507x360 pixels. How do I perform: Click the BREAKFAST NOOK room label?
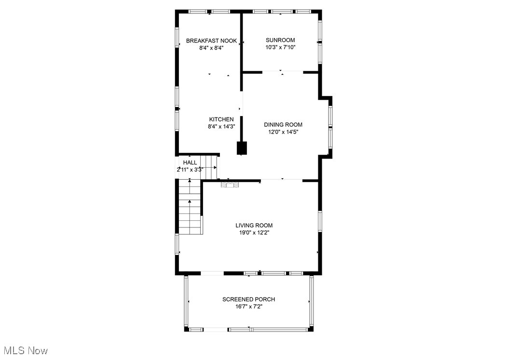pyautogui.click(x=211, y=41)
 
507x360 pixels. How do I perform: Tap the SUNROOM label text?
pyautogui.click(x=280, y=40)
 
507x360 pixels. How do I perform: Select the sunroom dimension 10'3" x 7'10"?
pyautogui.click(x=280, y=47)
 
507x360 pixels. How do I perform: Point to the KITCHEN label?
pyautogui.click(x=221, y=120)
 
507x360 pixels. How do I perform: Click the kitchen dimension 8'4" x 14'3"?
pyautogui.click(x=221, y=127)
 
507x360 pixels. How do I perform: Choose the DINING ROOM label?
pyautogui.click(x=283, y=125)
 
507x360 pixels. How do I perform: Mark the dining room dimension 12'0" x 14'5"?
pyautogui.click(x=283, y=132)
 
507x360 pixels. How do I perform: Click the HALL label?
pyautogui.click(x=190, y=163)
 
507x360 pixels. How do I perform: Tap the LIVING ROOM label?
pyautogui.click(x=254, y=225)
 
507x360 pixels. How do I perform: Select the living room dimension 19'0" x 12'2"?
pyautogui.click(x=254, y=232)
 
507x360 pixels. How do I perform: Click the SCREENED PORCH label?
pyautogui.click(x=248, y=299)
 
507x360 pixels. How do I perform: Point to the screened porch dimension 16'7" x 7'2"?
pyautogui.click(x=248, y=307)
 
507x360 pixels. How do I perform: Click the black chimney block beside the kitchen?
pyautogui.click(x=242, y=148)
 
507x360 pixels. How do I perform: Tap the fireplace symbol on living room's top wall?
pyautogui.click(x=230, y=184)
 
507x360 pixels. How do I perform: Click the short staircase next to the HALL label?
pyautogui.click(x=210, y=166)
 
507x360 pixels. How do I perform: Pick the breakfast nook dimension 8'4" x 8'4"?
pyautogui.click(x=211, y=48)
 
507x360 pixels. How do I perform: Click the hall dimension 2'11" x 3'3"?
pyautogui.click(x=190, y=170)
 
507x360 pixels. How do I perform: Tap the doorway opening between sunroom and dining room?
pyautogui.click(x=282, y=72)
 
